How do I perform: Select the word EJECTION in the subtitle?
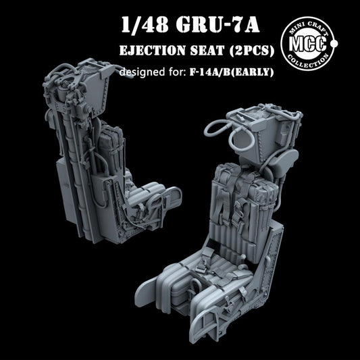coord(152,54)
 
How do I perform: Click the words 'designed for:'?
coord(151,72)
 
